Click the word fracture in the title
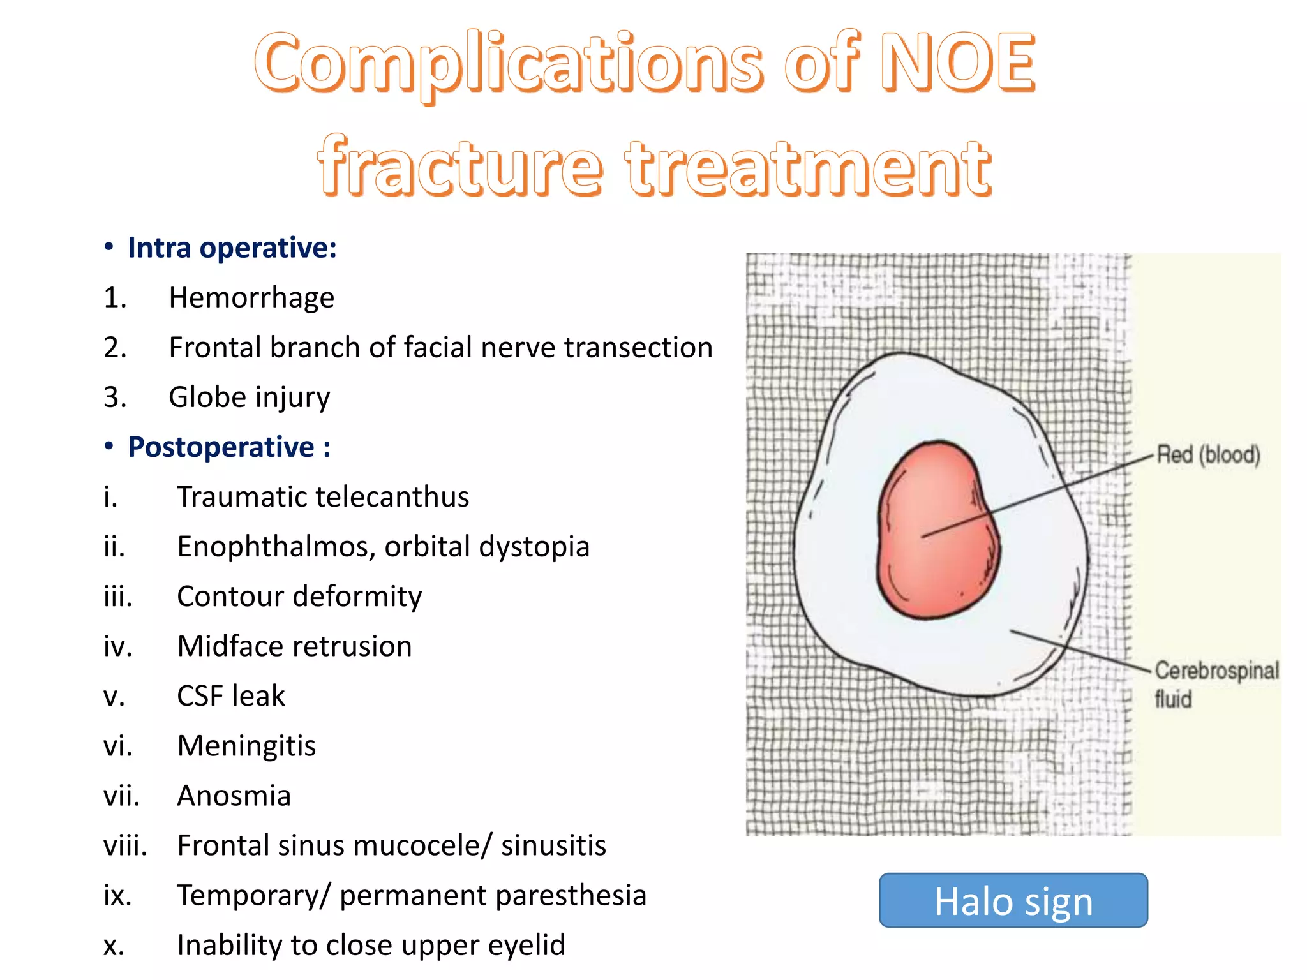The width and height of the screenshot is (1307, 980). (x=459, y=168)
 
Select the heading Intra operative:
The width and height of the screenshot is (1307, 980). (x=232, y=248)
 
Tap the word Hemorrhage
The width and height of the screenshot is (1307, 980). (x=251, y=298)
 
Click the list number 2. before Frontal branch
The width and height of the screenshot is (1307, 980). (x=116, y=348)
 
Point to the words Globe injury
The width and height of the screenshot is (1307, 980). (x=250, y=397)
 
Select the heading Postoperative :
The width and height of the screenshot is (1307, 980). (x=229, y=447)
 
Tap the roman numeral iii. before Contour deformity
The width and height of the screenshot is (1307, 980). (x=118, y=597)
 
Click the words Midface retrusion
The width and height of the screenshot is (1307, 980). (x=294, y=646)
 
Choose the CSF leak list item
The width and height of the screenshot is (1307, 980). (x=231, y=696)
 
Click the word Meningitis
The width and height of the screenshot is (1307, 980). (x=246, y=746)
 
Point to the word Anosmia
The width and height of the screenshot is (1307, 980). (x=234, y=796)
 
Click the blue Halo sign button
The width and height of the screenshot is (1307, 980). (x=1013, y=900)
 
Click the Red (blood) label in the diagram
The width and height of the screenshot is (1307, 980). (x=1208, y=455)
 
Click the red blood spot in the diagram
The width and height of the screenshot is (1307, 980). (x=936, y=530)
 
